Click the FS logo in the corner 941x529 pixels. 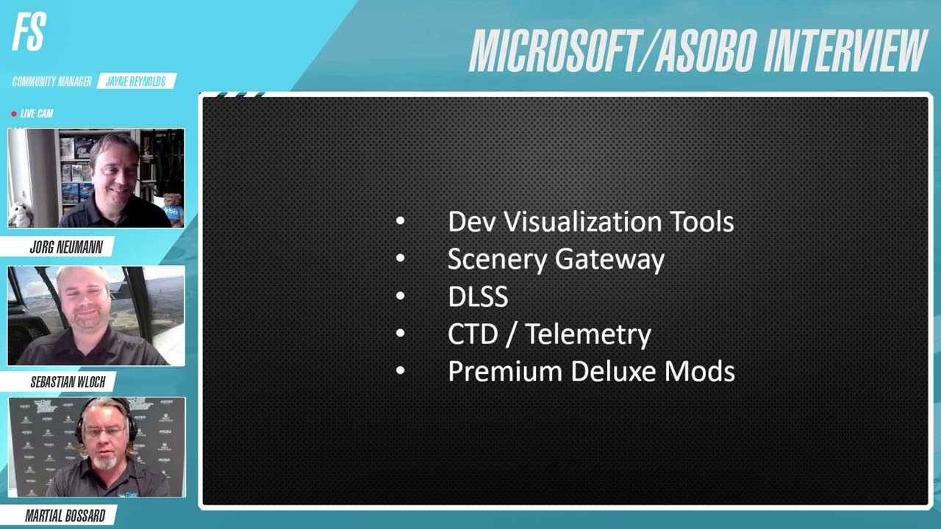[x=29, y=33]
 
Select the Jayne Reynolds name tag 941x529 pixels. [x=136, y=82]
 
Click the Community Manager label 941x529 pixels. [x=51, y=82]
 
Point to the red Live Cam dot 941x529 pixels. [x=14, y=114]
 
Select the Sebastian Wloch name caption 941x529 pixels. [x=68, y=382]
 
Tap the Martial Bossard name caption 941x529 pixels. [x=65, y=516]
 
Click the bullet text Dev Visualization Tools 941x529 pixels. [x=590, y=222]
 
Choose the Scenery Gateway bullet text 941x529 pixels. [x=556, y=259]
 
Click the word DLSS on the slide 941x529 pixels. [x=478, y=297]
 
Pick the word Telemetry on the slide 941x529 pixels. [x=588, y=334]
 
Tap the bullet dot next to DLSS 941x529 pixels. [x=400, y=296]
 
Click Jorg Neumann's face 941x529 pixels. [x=115, y=168]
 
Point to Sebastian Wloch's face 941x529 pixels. [x=87, y=301]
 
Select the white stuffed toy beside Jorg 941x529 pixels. [x=21, y=214]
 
